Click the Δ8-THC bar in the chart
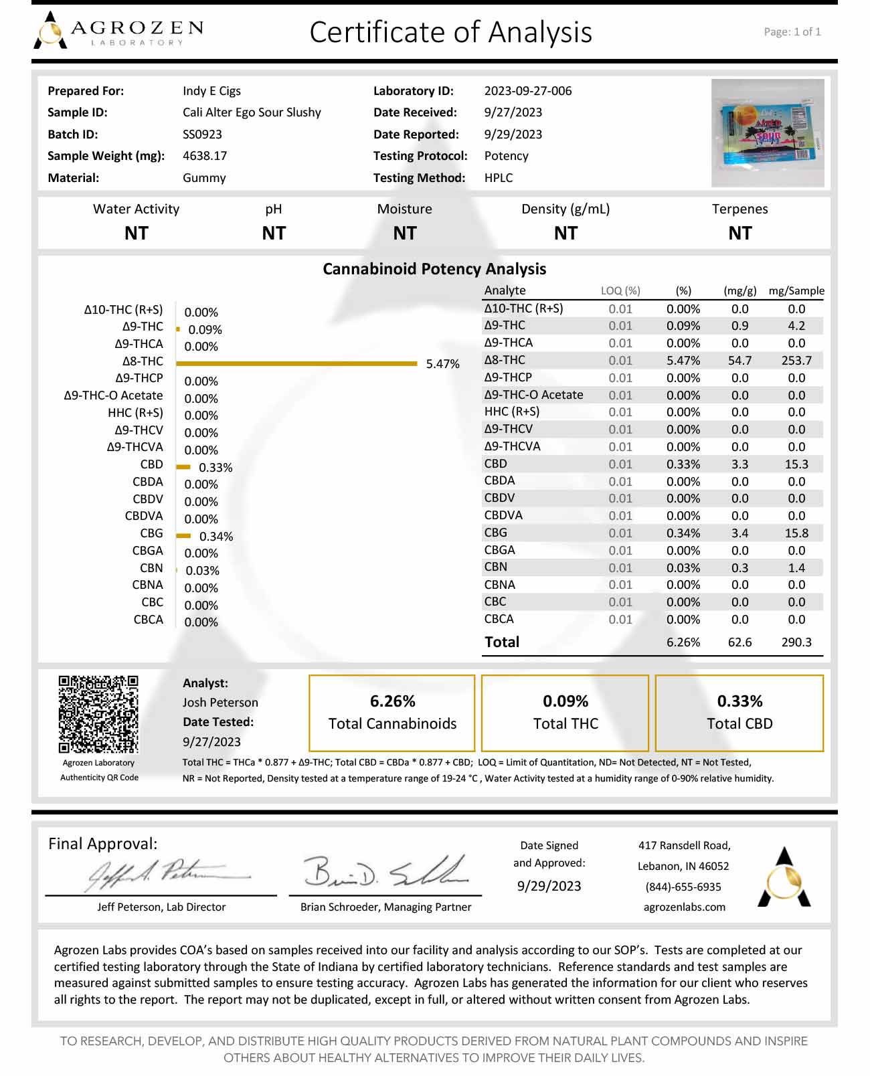(x=296, y=363)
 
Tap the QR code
(x=98, y=714)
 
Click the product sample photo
(x=768, y=132)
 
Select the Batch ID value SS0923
(x=202, y=134)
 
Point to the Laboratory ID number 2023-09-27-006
(x=528, y=91)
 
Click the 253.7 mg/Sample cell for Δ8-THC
(x=796, y=361)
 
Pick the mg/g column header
(x=739, y=290)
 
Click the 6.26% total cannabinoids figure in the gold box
(x=392, y=701)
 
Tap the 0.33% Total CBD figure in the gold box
(x=739, y=701)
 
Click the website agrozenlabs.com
(x=684, y=907)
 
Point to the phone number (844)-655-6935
(x=683, y=887)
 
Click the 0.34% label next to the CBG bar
(x=216, y=537)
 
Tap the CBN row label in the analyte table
(x=496, y=567)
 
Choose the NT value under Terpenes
(x=739, y=234)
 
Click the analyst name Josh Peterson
(x=220, y=703)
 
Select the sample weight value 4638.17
(x=205, y=156)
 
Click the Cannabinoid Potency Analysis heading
(x=434, y=269)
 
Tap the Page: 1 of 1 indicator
(x=792, y=31)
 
